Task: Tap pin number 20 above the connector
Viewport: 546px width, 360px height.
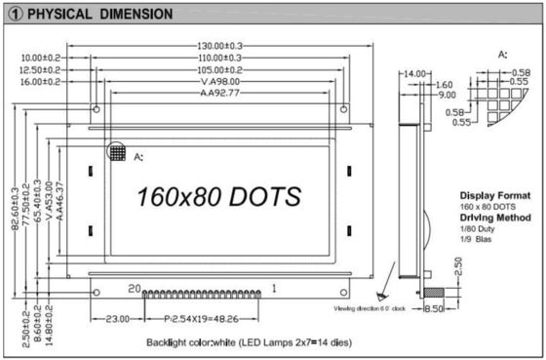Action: pyautogui.click(x=136, y=288)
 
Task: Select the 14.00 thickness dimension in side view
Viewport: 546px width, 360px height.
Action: pyautogui.click(x=415, y=74)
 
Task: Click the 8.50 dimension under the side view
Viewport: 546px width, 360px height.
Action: pyautogui.click(x=434, y=308)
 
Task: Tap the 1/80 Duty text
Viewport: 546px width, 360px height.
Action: pyautogui.click(x=479, y=228)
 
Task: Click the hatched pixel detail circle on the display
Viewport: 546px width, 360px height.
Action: pyautogui.click(x=117, y=153)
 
